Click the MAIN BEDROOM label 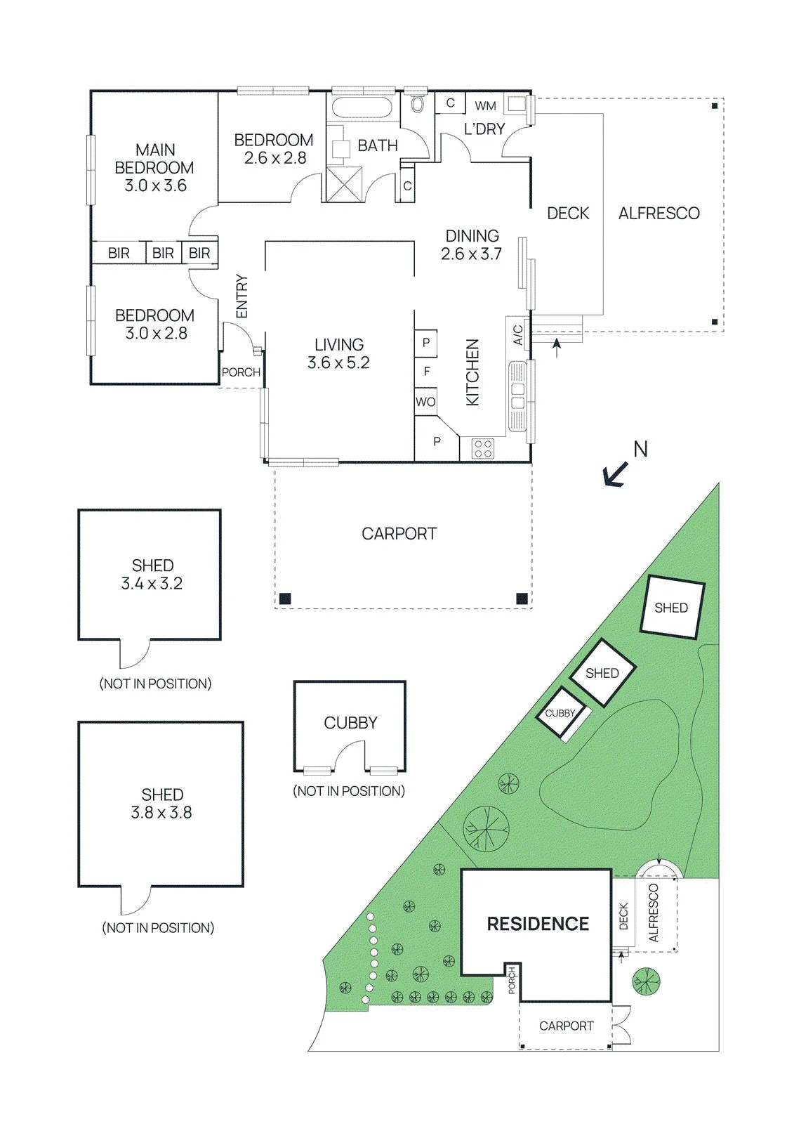tap(154, 159)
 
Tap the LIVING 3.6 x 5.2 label tap(338, 353)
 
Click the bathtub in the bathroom tap(363, 107)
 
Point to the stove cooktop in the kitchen tap(482, 449)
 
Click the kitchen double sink tap(517, 396)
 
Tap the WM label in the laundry tap(486, 106)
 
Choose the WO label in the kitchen tap(425, 402)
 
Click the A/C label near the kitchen tap(517, 334)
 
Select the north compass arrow tap(615, 474)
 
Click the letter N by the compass tap(640, 449)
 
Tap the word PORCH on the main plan tap(241, 372)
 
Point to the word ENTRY tap(241, 296)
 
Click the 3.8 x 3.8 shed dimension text tap(161, 812)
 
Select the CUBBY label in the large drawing tap(350, 723)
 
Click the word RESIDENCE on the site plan tap(538, 924)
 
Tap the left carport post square tap(285, 598)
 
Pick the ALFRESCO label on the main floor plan tap(659, 214)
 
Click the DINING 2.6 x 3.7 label tap(472, 245)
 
